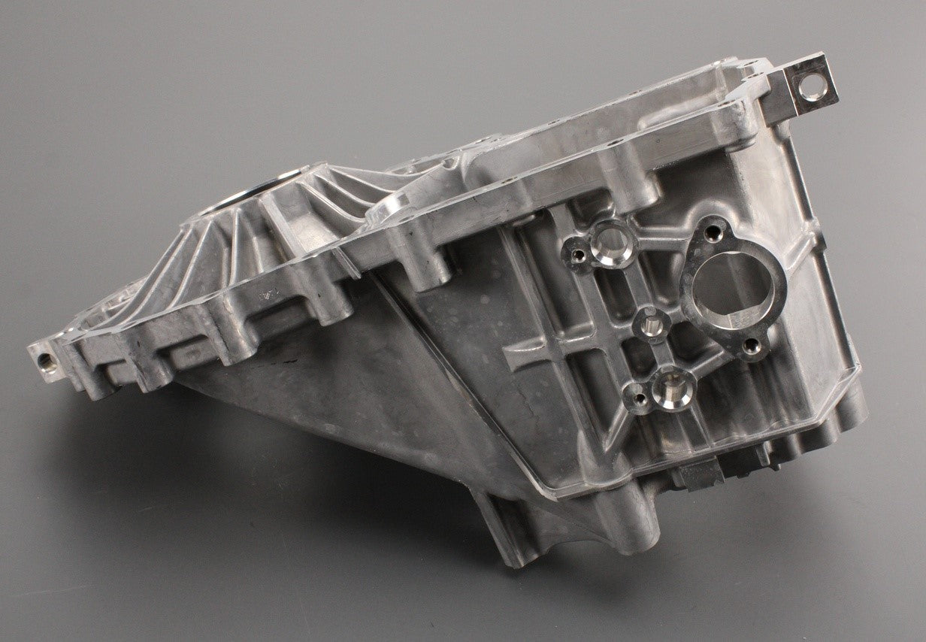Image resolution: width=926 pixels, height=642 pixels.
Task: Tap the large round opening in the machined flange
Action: point(722,283)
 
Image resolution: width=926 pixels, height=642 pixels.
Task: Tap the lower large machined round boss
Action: point(668,386)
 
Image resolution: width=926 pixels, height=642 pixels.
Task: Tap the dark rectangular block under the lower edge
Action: point(701,473)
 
